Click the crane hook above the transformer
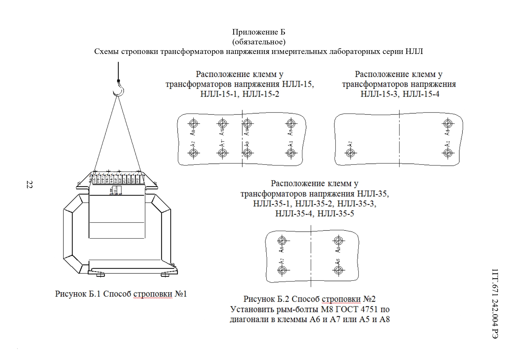[119, 88]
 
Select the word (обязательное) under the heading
[259, 42]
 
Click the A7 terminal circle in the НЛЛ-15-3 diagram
[350, 153]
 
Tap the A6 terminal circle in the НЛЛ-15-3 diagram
[448, 123]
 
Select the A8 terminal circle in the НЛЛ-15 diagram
[193, 123]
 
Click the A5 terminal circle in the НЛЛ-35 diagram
[338, 270]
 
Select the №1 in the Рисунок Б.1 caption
[181, 294]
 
